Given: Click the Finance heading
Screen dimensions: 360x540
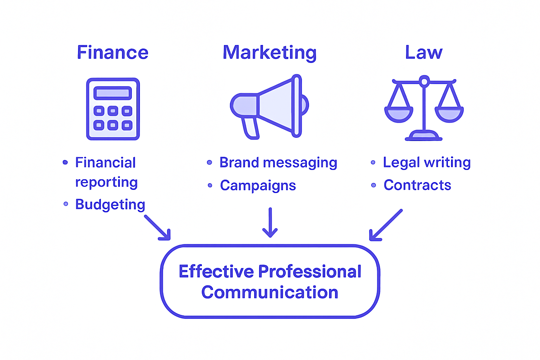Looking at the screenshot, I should pos(112,53).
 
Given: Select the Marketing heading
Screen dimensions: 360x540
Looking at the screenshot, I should pos(270,53).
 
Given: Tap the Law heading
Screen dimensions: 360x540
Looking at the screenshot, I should pos(424,53).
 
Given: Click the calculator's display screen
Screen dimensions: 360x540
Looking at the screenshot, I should pos(112,93).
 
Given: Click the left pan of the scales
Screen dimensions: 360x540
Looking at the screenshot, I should pos(399,114).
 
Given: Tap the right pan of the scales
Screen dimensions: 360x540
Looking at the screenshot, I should pos(449,114).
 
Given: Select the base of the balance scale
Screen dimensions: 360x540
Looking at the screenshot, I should pos(424,136).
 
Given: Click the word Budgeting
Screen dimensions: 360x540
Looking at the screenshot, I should pos(110,205).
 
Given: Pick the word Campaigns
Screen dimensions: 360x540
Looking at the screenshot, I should pos(258,186).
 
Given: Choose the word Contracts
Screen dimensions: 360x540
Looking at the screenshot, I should pos(417,185).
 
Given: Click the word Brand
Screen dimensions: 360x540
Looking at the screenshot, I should pos(239,163).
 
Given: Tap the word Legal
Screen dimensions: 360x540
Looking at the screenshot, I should pos(401,163).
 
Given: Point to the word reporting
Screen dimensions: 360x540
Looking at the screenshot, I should pos(106,182).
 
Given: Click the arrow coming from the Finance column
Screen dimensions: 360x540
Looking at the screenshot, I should pos(158,228).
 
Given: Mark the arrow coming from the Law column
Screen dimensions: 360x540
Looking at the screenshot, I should pos(385,225).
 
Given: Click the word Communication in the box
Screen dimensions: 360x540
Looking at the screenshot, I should pos(270,292).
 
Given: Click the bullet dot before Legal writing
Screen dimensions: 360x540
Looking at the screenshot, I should pos(373,162).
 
